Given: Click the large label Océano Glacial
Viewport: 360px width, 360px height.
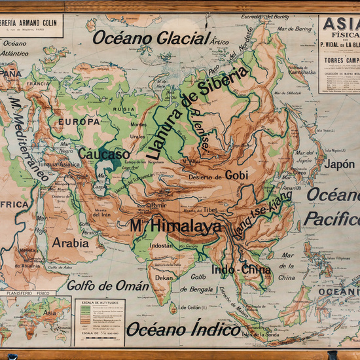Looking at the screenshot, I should click(151, 37).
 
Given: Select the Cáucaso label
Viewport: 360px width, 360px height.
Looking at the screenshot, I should click(103, 154).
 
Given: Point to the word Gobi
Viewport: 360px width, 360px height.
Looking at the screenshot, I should click(237, 175).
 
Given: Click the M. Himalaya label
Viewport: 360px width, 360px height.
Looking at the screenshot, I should click(175, 226).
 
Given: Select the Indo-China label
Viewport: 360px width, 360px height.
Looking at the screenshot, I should click(242, 269).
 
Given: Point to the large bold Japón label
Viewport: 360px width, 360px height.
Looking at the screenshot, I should click(340, 165).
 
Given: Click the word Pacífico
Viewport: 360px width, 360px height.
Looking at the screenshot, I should click(333, 218).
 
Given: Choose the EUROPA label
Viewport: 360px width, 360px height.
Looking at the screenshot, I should click(79, 122).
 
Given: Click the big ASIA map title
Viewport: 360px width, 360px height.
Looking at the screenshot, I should click(340, 24).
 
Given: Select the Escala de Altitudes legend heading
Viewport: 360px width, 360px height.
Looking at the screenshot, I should click(98, 303).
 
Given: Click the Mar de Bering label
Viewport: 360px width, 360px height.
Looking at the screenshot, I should click(294, 29).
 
